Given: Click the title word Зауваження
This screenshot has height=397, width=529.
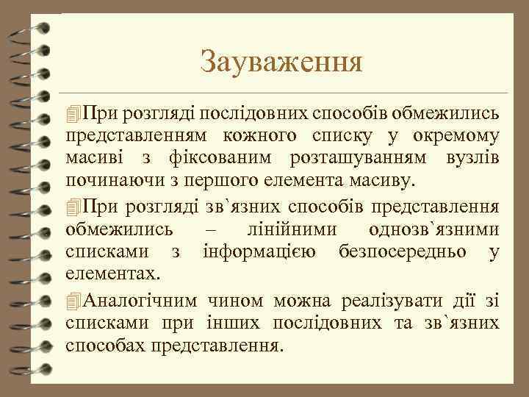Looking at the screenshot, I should click(x=281, y=62).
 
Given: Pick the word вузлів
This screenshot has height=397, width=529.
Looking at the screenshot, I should click(x=473, y=158).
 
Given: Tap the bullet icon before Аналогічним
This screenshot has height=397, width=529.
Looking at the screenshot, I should click(x=72, y=301).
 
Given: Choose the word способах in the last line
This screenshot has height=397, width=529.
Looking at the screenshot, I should click(x=105, y=346).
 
